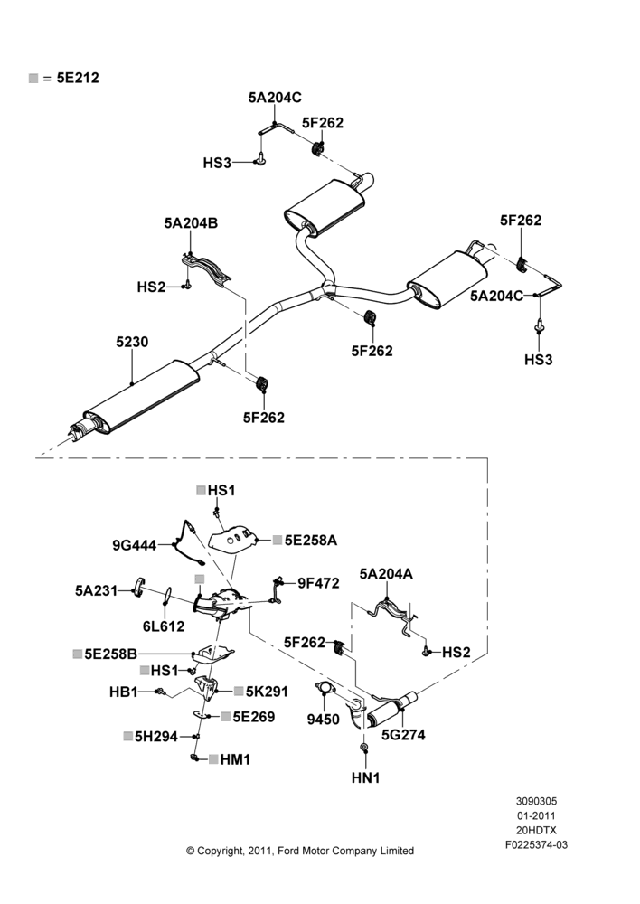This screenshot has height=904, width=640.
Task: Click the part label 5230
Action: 132,342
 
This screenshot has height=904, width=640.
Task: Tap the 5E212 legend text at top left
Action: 78,78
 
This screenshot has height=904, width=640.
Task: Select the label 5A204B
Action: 191,223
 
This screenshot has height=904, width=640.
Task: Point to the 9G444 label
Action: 135,545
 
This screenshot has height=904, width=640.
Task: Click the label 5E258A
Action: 311,541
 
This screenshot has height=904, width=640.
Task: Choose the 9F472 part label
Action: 318,583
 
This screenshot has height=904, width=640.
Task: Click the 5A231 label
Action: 96,590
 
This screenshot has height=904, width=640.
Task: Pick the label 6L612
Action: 164,626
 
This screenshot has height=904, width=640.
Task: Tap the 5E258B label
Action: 110,654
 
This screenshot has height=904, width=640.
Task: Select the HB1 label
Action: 123,692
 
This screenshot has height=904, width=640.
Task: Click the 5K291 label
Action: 267,692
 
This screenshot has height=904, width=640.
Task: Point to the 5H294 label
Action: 156,736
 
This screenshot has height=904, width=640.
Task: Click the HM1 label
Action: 235,759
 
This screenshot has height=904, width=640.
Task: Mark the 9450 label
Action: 323,720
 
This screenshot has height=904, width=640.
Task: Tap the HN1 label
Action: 365,777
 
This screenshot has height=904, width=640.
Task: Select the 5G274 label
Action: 403,734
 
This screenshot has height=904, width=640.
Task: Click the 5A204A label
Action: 386,574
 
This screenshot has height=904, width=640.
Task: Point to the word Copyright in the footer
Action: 221,851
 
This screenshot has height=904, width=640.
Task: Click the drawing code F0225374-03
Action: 536,844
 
